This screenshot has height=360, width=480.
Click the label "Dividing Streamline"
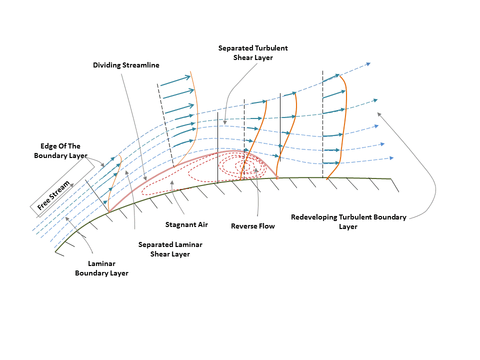click(126, 65)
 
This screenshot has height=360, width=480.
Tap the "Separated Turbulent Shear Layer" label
click(253, 52)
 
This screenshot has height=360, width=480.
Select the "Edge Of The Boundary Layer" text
click(60, 150)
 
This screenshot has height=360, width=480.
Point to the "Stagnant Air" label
click(186, 224)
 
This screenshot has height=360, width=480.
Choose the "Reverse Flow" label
click(253, 226)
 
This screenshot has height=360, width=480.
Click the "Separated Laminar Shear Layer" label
click(170, 249)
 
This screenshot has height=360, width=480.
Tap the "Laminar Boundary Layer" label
click(101, 268)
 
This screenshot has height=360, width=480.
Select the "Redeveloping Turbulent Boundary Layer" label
click(348, 221)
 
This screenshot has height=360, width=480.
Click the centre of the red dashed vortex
click(244, 166)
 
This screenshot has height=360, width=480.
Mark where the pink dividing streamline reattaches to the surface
click(277, 178)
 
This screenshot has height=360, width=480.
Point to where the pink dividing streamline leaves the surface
click(109, 211)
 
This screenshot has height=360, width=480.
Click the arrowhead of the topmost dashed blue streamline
click(368, 64)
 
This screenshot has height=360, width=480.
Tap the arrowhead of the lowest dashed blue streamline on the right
click(391, 158)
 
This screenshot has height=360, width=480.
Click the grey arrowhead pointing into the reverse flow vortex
click(256, 170)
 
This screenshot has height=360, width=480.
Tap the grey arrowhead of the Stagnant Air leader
click(172, 183)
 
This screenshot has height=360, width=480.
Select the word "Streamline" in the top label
click(141, 65)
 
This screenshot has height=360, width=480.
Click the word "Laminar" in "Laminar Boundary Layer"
click(101, 263)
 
